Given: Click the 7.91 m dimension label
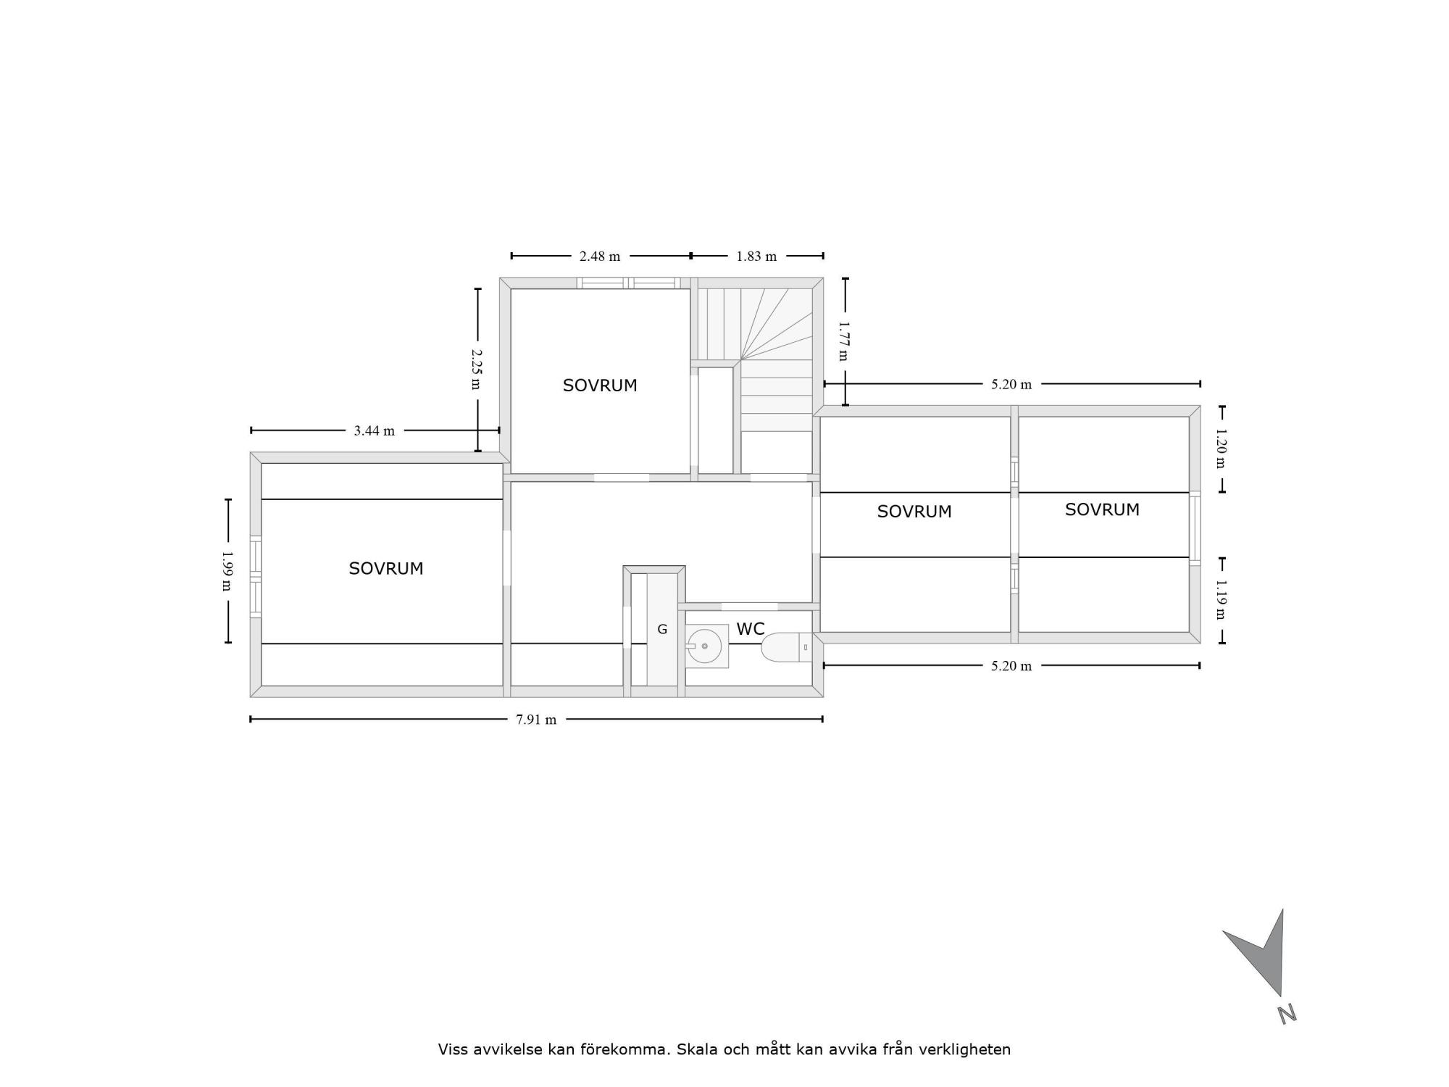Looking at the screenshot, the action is tap(536, 720).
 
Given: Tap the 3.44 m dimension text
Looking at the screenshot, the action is tap(375, 431).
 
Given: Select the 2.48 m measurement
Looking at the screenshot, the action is tap(600, 257).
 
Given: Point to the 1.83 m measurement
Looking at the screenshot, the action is tap(756, 257).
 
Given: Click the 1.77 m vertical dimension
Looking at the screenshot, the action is tap(843, 341).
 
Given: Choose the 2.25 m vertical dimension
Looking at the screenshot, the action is tap(476, 369).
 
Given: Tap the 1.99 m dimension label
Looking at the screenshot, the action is tap(227, 571).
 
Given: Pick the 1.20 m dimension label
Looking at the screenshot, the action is tap(1221, 449).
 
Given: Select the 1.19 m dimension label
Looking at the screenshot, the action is tap(1221, 599).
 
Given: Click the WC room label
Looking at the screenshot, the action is tap(751, 629).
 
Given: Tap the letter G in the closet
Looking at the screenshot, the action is tap(662, 630).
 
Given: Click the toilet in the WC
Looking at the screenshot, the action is tap(787, 646).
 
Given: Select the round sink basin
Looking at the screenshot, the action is tap(704, 646).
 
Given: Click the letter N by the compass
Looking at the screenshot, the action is tap(1287, 1015).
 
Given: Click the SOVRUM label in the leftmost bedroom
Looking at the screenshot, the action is tap(386, 569).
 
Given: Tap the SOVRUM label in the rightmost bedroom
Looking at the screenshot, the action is tap(1102, 510).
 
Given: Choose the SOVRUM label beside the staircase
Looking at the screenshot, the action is tap(600, 386).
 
